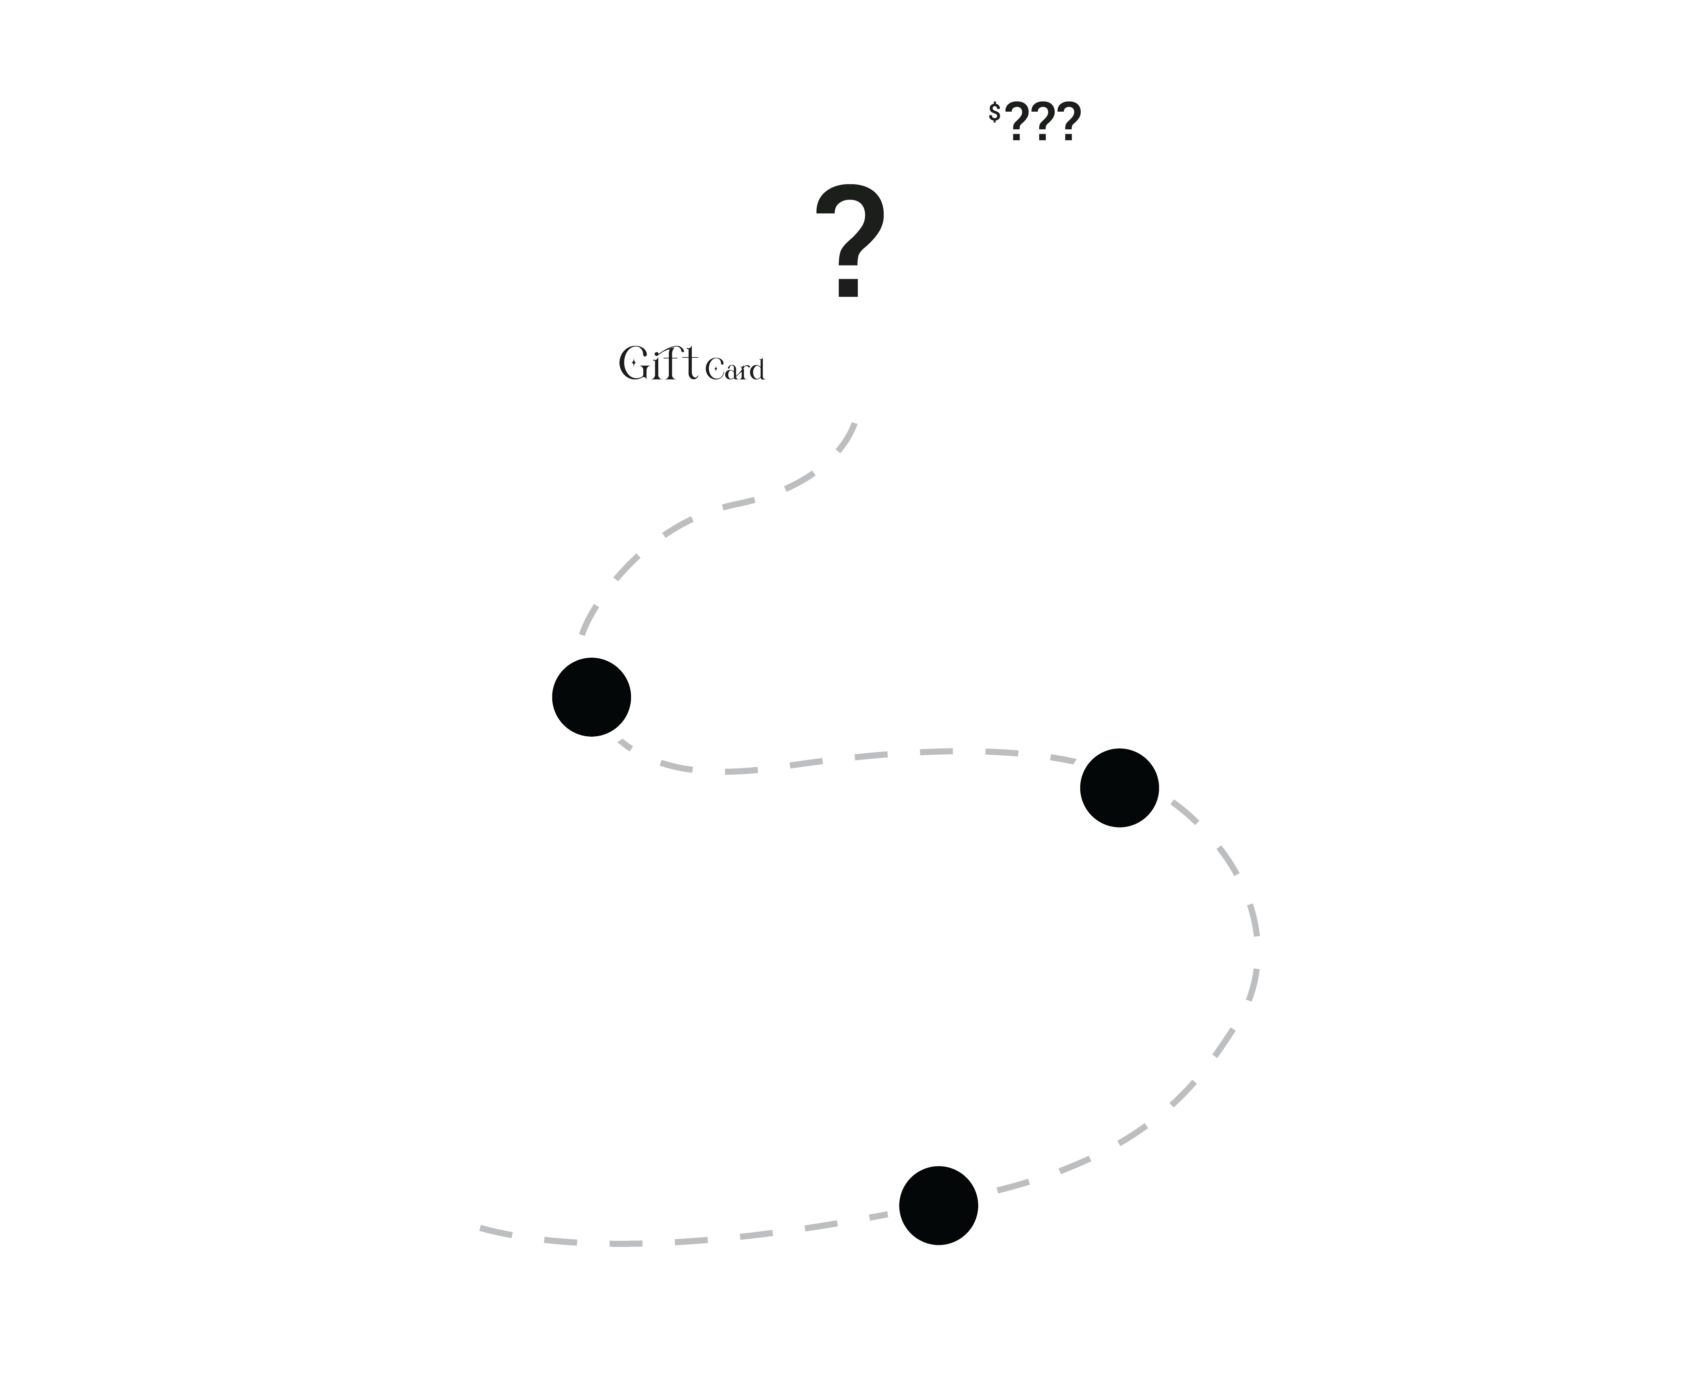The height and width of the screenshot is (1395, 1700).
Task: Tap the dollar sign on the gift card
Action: tap(994, 113)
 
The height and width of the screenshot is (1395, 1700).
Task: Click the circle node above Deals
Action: tap(592, 697)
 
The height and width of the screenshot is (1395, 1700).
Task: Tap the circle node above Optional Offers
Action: tap(1119, 787)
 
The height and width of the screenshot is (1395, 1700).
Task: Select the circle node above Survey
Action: tap(938, 1205)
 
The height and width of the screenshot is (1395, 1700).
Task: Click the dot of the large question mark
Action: tap(849, 288)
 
